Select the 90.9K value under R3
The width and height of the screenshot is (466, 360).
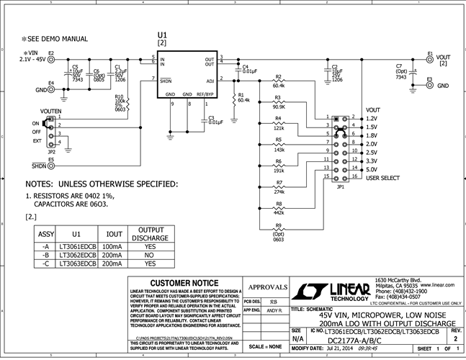point(279,107)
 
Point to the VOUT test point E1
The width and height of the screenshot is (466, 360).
point(429,60)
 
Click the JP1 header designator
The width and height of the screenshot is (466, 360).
point(341,186)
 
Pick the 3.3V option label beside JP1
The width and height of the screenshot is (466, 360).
point(373,161)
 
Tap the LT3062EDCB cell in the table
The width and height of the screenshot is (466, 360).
point(76,254)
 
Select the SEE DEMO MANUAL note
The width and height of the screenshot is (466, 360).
point(55,39)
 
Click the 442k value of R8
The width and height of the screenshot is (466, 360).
point(279,213)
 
